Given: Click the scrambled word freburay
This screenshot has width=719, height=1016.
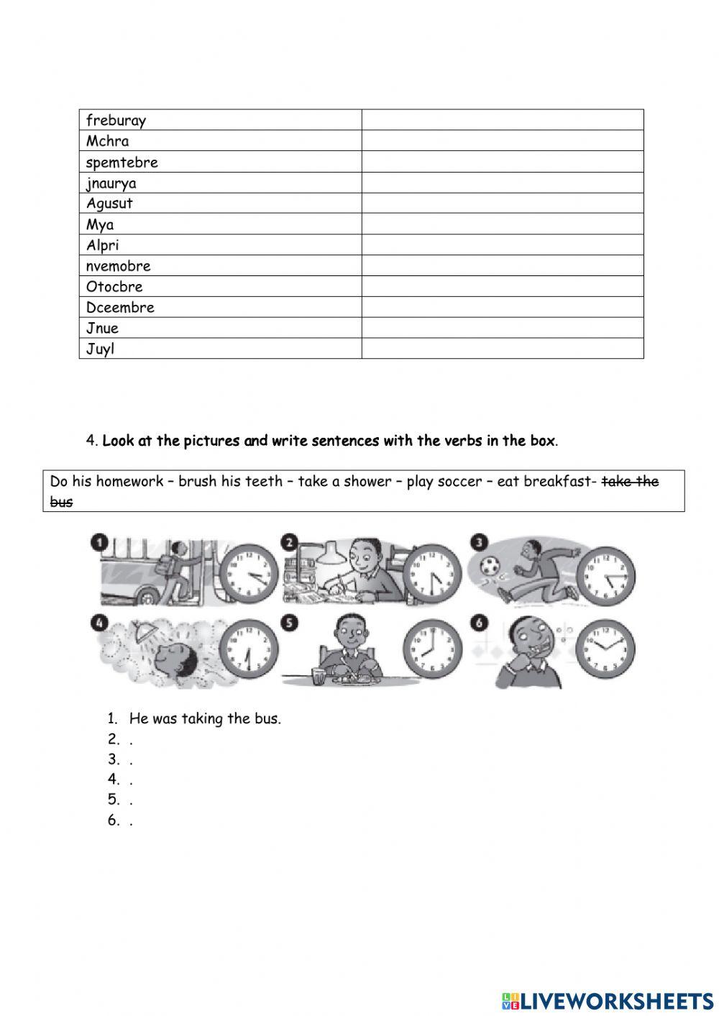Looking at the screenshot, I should tap(116, 120).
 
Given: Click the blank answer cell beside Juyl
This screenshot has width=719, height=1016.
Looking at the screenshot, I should tap(502, 349).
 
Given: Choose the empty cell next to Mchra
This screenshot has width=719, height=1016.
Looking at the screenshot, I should tap(502, 141).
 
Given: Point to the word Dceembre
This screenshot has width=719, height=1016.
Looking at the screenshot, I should tap(120, 307).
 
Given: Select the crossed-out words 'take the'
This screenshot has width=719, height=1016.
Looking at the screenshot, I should tap(630, 481).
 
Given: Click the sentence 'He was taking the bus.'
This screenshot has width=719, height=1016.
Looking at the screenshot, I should tap(205, 718).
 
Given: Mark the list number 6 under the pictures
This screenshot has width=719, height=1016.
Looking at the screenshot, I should tap(113, 820).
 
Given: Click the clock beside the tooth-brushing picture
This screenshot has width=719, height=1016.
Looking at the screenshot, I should tap(605, 649).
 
